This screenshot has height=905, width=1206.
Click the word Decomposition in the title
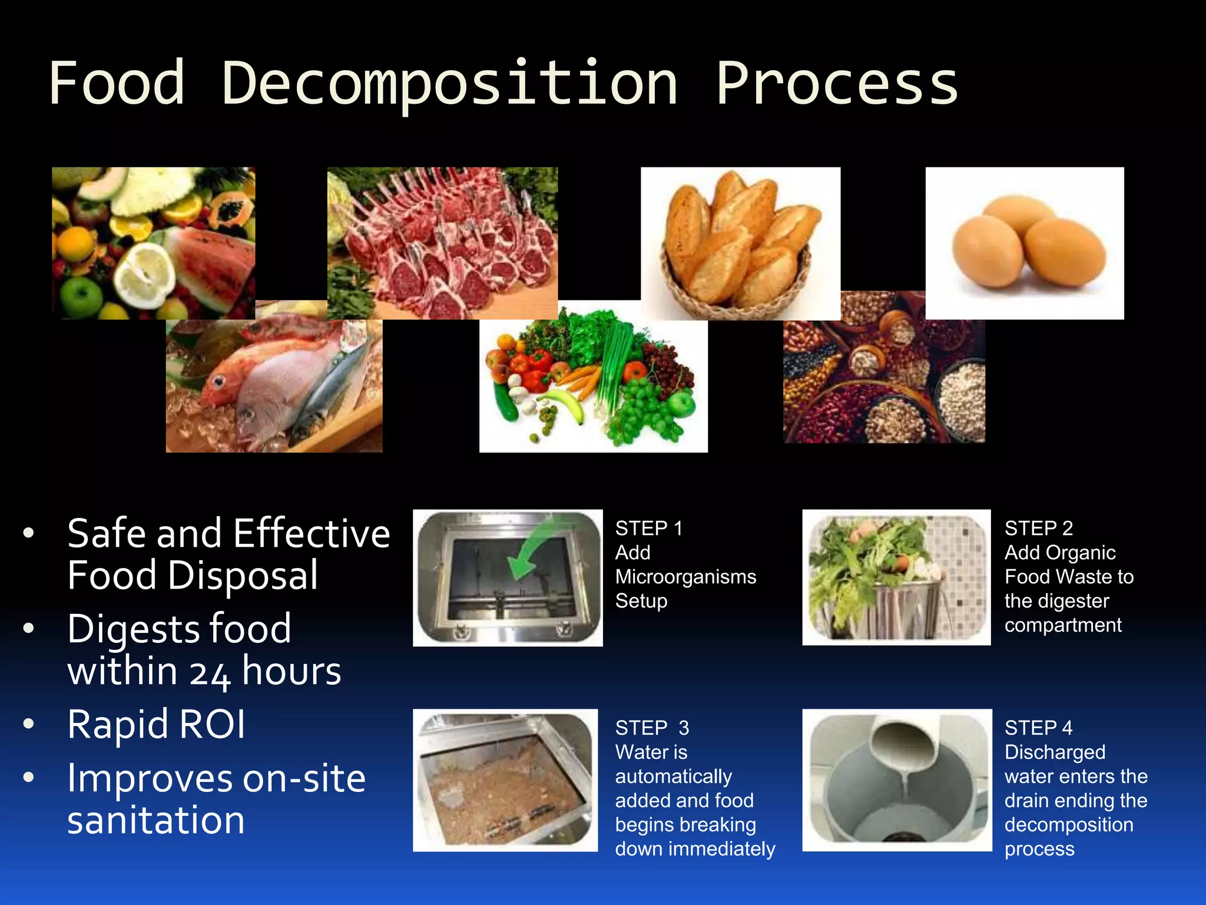click(x=450, y=84)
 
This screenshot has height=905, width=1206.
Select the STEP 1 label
click(x=649, y=529)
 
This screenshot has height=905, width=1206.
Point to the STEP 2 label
click(x=1039, y=529)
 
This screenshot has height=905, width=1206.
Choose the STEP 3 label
click(x=652, y=728)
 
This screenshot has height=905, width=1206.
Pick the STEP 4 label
click(x=1039, y=728)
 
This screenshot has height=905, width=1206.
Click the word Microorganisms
click(x=685, y=577)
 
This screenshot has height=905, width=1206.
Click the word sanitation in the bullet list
click(x=156, y=820)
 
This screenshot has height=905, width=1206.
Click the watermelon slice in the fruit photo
click(x=212, y=259)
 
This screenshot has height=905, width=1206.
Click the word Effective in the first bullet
click(x=312, y=534)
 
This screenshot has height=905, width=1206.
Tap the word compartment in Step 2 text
click(x=1063, y=625)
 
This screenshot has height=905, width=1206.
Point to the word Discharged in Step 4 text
click(x=1055, y=752)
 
